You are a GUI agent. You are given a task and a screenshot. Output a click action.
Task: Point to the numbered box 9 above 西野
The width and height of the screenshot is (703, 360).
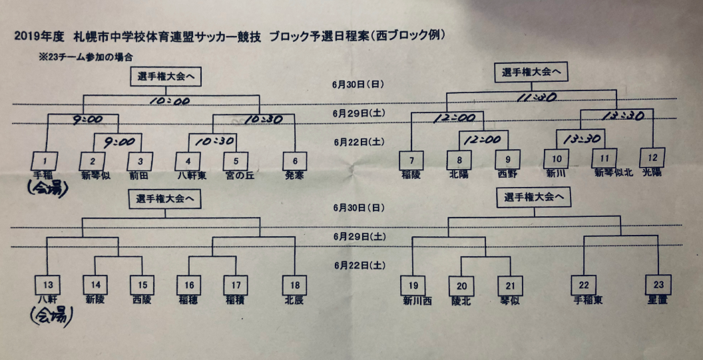coord(509,159)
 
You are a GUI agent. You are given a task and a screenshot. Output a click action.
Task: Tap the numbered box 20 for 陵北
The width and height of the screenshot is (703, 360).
coord(462,285)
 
